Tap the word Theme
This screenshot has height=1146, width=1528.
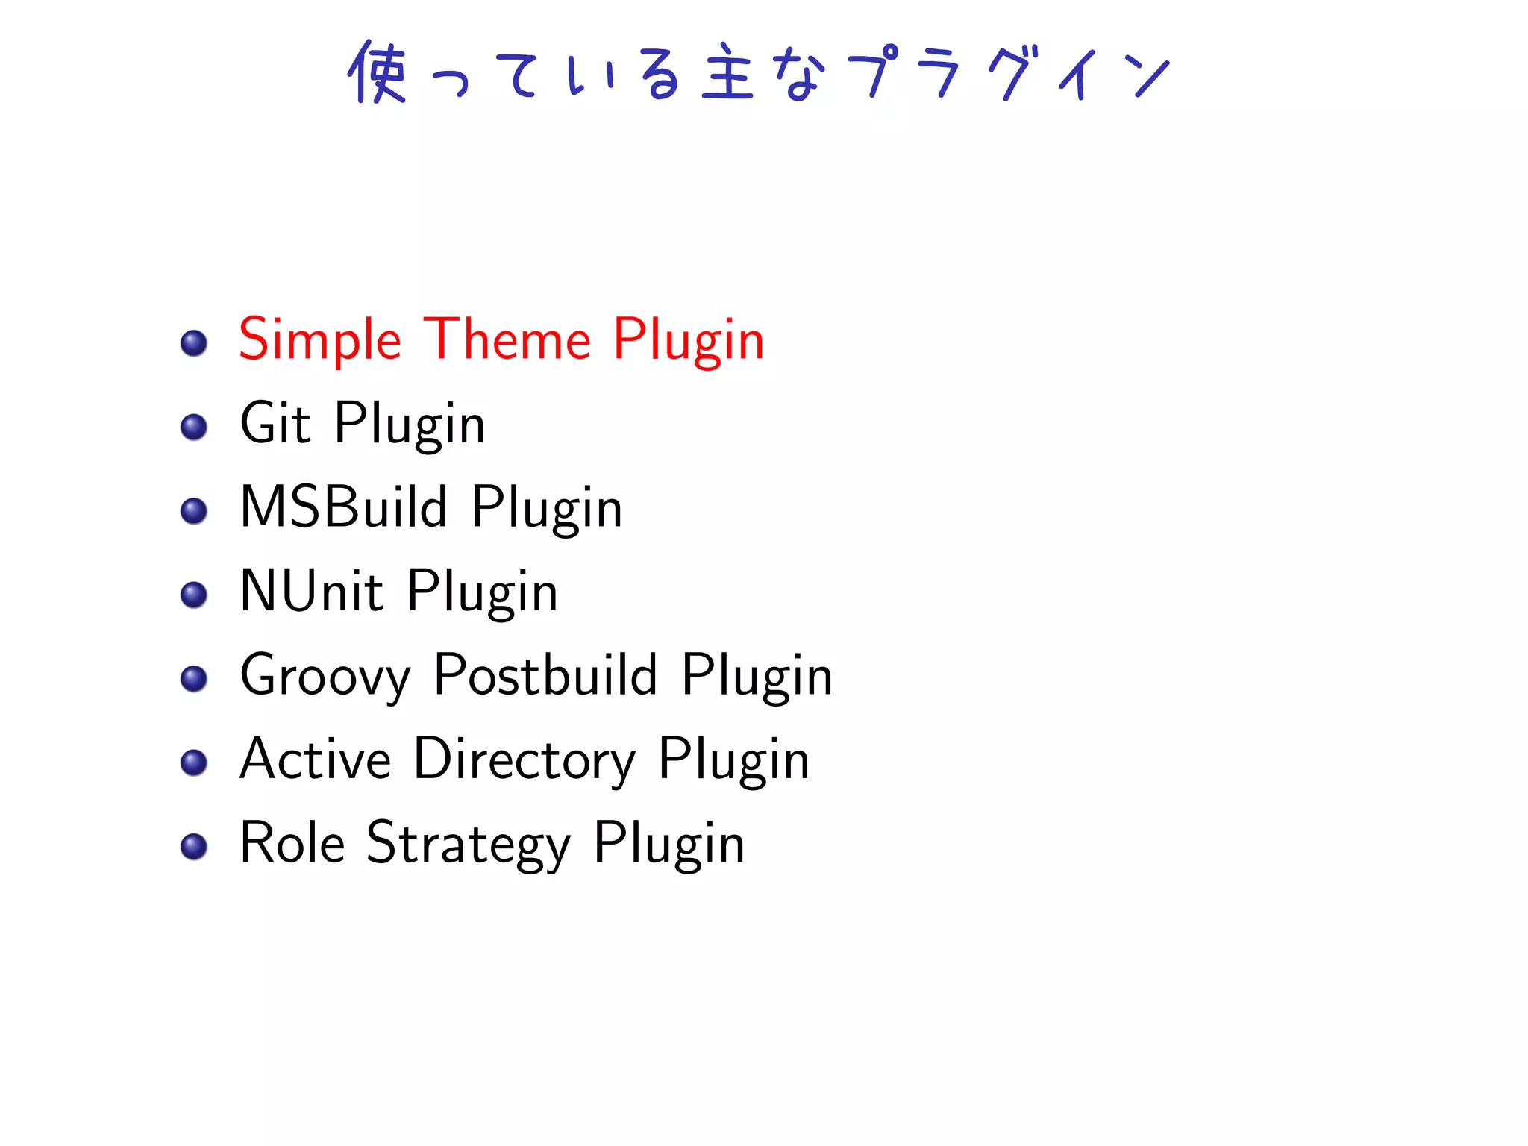pyautogui.click(x=507, y=340)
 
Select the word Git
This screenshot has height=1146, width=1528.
pyautogui.click(x=275, y=423)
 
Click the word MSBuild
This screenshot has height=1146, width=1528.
pyautogui.click(x=344, y=507)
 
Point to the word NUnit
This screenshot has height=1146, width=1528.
pyautogui.click(x=312, y=591)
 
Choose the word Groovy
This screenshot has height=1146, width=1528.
pyautogui.click(x=325, y=676)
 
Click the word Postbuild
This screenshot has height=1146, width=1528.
pyautogui.click(x=545, y=675)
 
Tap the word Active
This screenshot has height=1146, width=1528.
pyautogui.click(x=316, y=760)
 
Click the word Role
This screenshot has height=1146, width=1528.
pyautogui.click(x=292, y=843)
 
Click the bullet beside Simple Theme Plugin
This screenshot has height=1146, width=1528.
pyautogui.click(x=194, y=343)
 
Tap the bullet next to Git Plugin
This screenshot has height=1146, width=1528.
pyautogui.click(x=194, y=428)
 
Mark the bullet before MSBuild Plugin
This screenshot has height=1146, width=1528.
pyautogui.click(x=194, y=511)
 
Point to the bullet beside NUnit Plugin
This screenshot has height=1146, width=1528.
pyautogui.click(x=194, y=595)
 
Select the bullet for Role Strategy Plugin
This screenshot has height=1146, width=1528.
pyautogui.click(x=194, y=846)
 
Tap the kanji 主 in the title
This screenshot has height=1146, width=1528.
pyautogui.click(x=727, y=73)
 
